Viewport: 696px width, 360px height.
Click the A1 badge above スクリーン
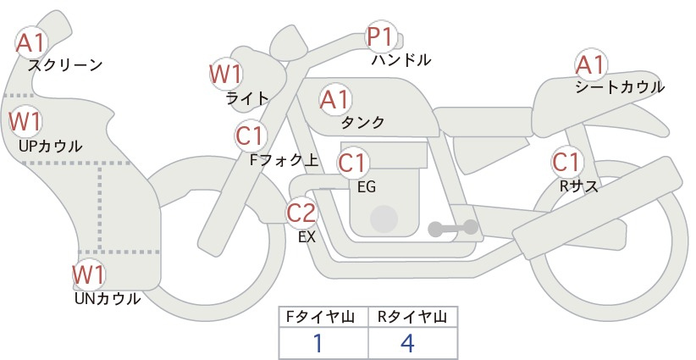point(31,43)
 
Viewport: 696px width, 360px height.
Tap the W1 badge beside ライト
point(226,74)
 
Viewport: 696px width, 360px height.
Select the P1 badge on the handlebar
point(382,36)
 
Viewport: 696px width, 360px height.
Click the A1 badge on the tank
point(335,99)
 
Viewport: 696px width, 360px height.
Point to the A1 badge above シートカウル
point(591,65)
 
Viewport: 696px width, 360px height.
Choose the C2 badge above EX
point(301,213)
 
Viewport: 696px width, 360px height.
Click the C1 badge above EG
point(353,163)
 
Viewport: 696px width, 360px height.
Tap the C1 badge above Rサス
point(567,162)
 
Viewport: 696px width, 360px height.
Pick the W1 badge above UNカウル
point(89,274)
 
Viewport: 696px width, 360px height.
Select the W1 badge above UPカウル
point(25,121)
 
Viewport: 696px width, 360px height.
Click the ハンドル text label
point(401,59)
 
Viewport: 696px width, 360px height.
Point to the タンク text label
point(362,122)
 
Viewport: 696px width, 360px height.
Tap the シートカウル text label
point(620,87)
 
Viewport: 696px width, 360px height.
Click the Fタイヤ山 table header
point(320,317)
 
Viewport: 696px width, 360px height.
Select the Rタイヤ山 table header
point(412,317)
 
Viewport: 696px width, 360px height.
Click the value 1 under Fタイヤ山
point(318,343)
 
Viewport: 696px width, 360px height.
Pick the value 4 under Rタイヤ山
point(407,343)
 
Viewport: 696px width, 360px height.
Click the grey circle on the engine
point(384,219)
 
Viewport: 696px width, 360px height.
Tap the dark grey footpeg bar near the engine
point(453,228)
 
